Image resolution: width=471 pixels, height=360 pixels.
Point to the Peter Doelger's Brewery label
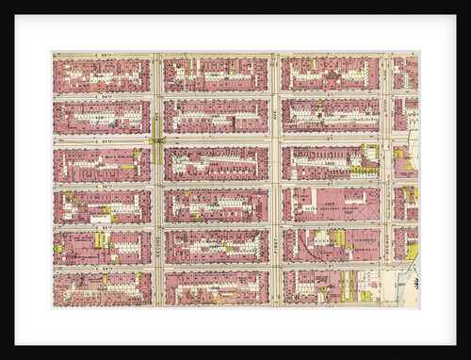[330, 199]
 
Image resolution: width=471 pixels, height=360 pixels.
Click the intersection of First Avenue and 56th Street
[275, 185]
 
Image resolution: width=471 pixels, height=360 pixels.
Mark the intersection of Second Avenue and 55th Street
[157, 226]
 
